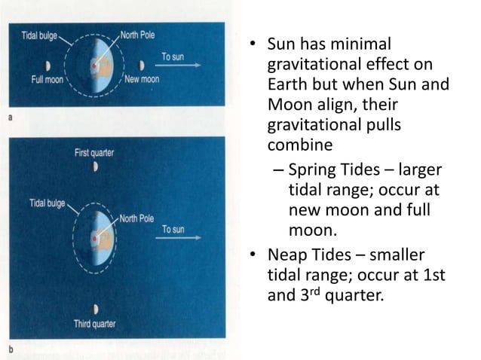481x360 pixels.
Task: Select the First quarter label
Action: coord(94,152)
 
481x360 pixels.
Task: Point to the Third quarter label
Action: coord(94,326)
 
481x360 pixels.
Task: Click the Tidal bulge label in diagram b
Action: coord(47,203)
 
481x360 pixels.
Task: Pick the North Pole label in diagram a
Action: coord(139,35)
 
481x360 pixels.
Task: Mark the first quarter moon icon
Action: coord(95,166)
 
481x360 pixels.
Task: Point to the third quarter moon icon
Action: coord(94,310)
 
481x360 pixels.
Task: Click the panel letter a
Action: coord(9,117)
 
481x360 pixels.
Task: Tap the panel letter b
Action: coord(9,350)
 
